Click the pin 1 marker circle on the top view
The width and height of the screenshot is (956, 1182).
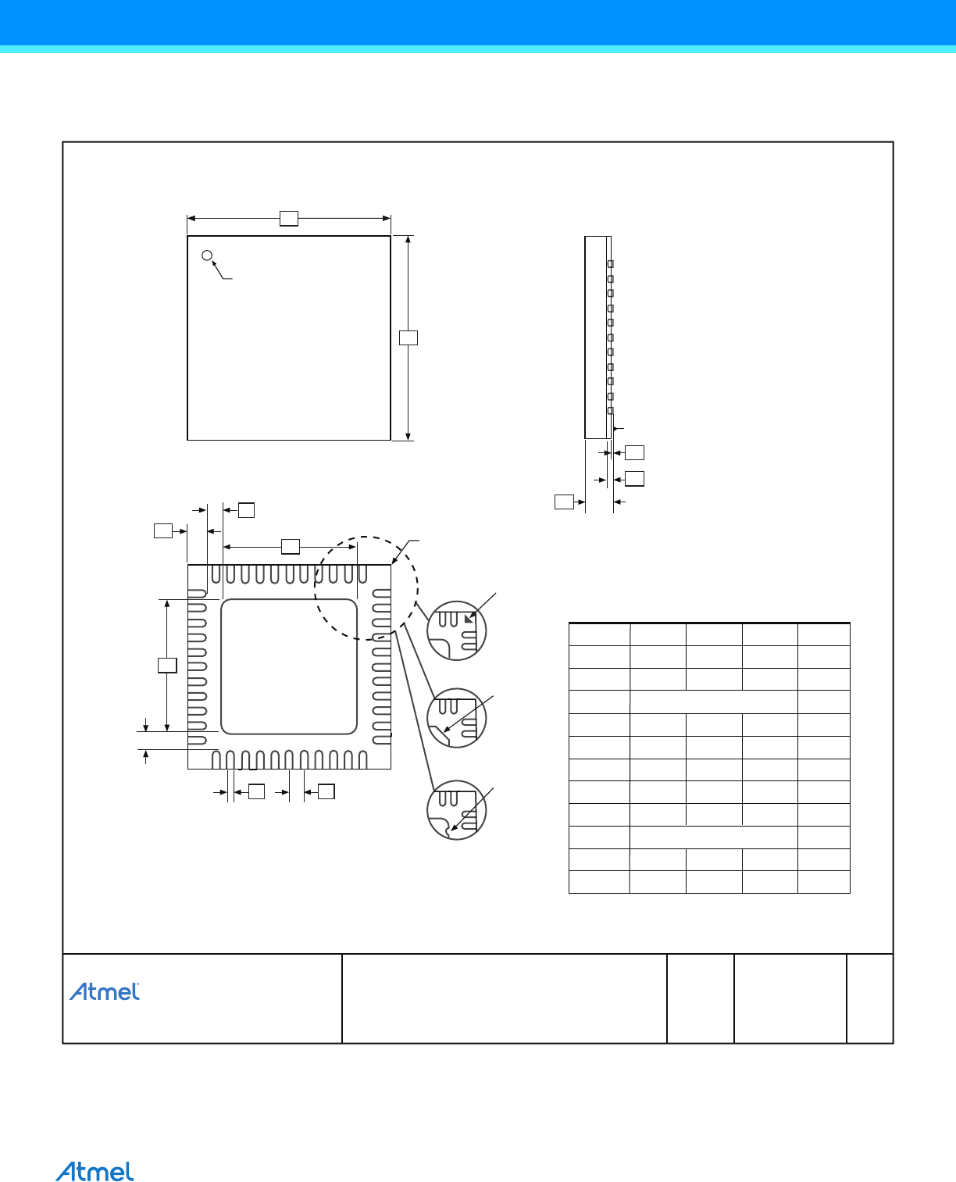(x=207, y=255)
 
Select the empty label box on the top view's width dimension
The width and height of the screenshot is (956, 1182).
(x=288, y=218)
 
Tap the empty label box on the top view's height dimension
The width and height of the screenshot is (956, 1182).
(x=408, y=337)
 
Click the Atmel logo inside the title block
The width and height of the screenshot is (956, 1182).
(x=105, y=991)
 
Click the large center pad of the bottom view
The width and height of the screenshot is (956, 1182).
(x=288, y=666)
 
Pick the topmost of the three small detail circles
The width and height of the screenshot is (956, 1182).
(x=457, y=630)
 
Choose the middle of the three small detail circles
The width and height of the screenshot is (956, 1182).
(x=457, y=718)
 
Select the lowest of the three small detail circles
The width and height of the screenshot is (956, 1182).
(x=457, y=810)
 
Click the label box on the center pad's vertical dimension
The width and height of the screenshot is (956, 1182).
(x=167, y=666)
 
